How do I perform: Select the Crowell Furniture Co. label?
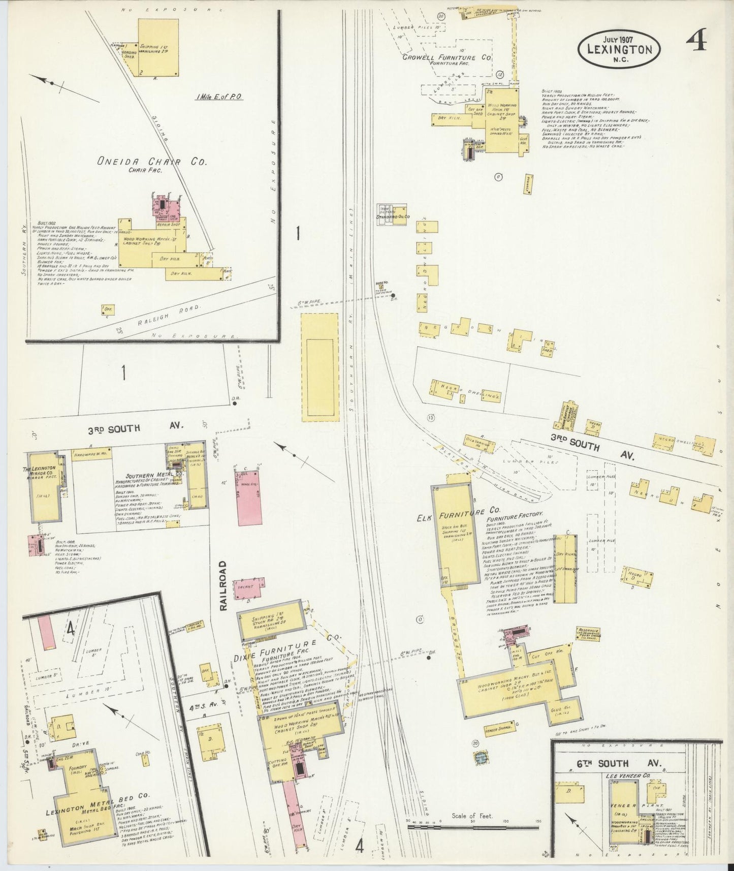click(x=446, y=58)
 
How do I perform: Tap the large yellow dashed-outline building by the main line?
click(x=321, y=367)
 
